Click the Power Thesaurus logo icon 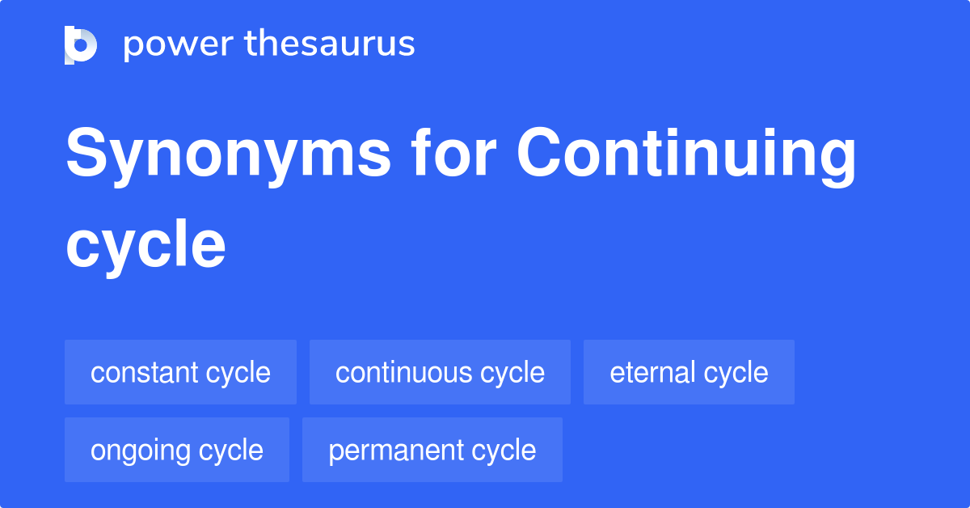[x=81, y=44]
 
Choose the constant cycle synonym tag [x=180, y=372]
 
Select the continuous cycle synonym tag [x=440, y=372]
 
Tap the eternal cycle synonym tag [x=689, y=372]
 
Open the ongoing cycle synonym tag [x=177, y=450]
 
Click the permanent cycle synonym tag [x=432, y=450]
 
